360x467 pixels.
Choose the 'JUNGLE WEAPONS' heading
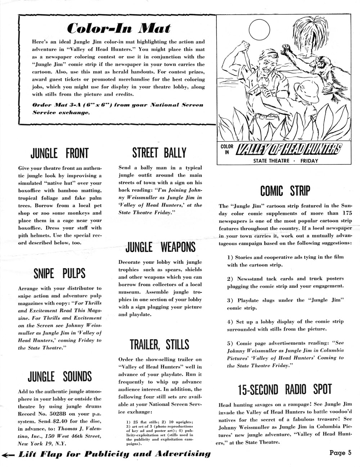pyautogui.click(x=160, y=248)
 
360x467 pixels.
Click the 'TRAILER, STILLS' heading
pyautogui.click(x=159, y=344)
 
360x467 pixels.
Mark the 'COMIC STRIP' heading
pyautogui.click(x=285, y=191)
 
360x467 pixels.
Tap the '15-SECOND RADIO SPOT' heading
pyautogui.click(x=284, y=389)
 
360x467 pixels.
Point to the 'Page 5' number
pyautogui.click(x=340, y=453)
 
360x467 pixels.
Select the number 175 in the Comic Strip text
pyautogui.click(x=345, y=213)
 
